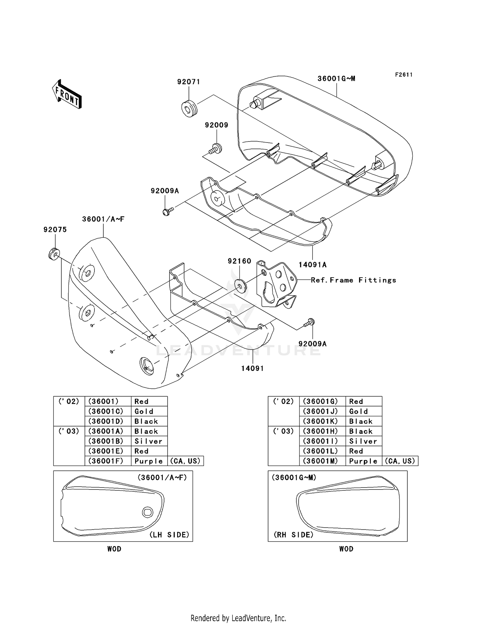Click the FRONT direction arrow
[x=67, y=94]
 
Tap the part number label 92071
[x=189, y=82]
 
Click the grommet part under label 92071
[x=189, y=108]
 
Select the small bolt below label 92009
[x=216, y=148]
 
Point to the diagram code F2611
[x=404, y=75]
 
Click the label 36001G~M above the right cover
[x=336, y=79]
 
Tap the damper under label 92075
[x=54, y=254]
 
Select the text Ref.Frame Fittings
[x=353, y=280]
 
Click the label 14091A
[x=312, y=265]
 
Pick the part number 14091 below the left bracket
[x=252, y=368]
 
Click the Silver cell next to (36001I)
[x=363, y=441]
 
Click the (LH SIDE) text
[x=169, y=535]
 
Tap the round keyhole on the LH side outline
[x=148, y=512]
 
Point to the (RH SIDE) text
[x=294, y=535]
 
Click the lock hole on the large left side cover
[x=147, y=366]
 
